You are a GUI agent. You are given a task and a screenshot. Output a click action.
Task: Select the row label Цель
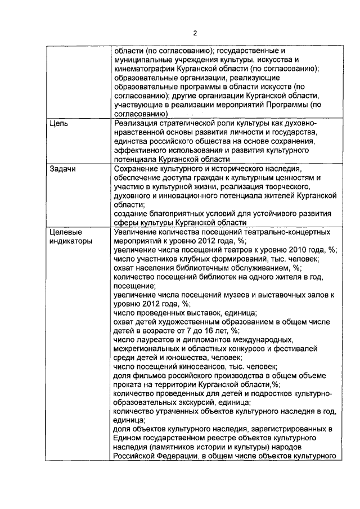point(59,124)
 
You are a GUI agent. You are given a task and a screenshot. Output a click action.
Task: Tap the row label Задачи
point(62,169)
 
